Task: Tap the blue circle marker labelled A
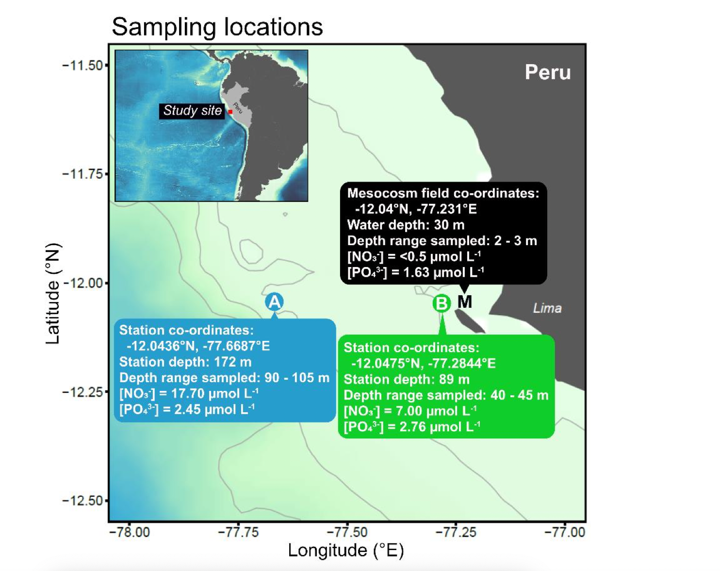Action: click(x=274, y=302)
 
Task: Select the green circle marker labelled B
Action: click(x=442, y=303)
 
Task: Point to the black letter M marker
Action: click(x=465, y=302)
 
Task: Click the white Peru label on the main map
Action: click(x=548, y=72)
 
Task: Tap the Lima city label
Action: click(x=547, y=308)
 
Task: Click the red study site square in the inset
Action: click(x=230, y=112)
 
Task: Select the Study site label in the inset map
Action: click(x=192, y=111)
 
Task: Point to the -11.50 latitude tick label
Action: click(x=82, y=65)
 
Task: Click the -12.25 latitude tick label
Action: click(x=82, y=392)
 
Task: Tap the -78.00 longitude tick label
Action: click(x=130, y=532)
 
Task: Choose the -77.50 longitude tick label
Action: click(x=347, y=532)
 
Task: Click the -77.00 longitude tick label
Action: click(x=565, y=532)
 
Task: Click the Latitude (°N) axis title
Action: click(x=53, y=294)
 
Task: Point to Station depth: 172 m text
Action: click(x=185, y=362)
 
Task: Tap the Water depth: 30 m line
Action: click(x=406, y=225)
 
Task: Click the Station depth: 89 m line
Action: click(x=407, y=379)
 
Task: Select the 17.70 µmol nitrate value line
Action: click(x=189, y=393)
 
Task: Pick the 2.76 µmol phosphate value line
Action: click(x=412, y=427)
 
